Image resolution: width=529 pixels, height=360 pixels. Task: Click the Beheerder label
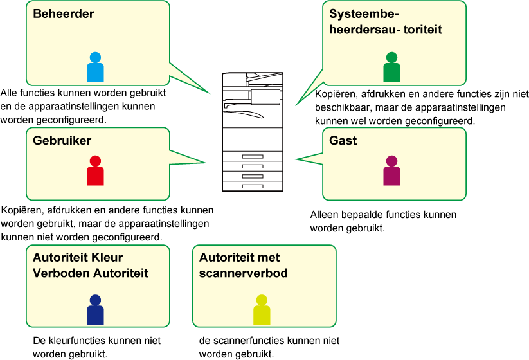click(x=64, y=14)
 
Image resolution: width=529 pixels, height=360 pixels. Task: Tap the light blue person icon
click(x=95, y=67)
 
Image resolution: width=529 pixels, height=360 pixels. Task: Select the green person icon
click(x=391, y=67)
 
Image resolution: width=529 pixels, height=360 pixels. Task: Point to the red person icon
click(x=95, y=170)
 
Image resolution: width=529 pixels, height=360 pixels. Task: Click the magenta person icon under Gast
click(x=391, y=170)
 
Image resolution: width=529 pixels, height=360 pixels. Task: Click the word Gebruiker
click(x=62, y=141)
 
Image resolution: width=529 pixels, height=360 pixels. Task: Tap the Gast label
click(x=343, y=141)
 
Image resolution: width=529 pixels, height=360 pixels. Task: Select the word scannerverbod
click(x=244, y=273)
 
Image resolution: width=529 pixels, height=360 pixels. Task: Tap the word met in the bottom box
click(x=269, y=258)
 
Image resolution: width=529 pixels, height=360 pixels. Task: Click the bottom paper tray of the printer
click(x=253, y=185)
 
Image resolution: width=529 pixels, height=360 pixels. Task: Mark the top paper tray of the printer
click(x=253, y=157)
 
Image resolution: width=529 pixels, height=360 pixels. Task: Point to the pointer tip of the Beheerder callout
click(x=210, y=93)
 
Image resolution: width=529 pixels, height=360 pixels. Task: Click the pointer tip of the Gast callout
click(x=295, y=159)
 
